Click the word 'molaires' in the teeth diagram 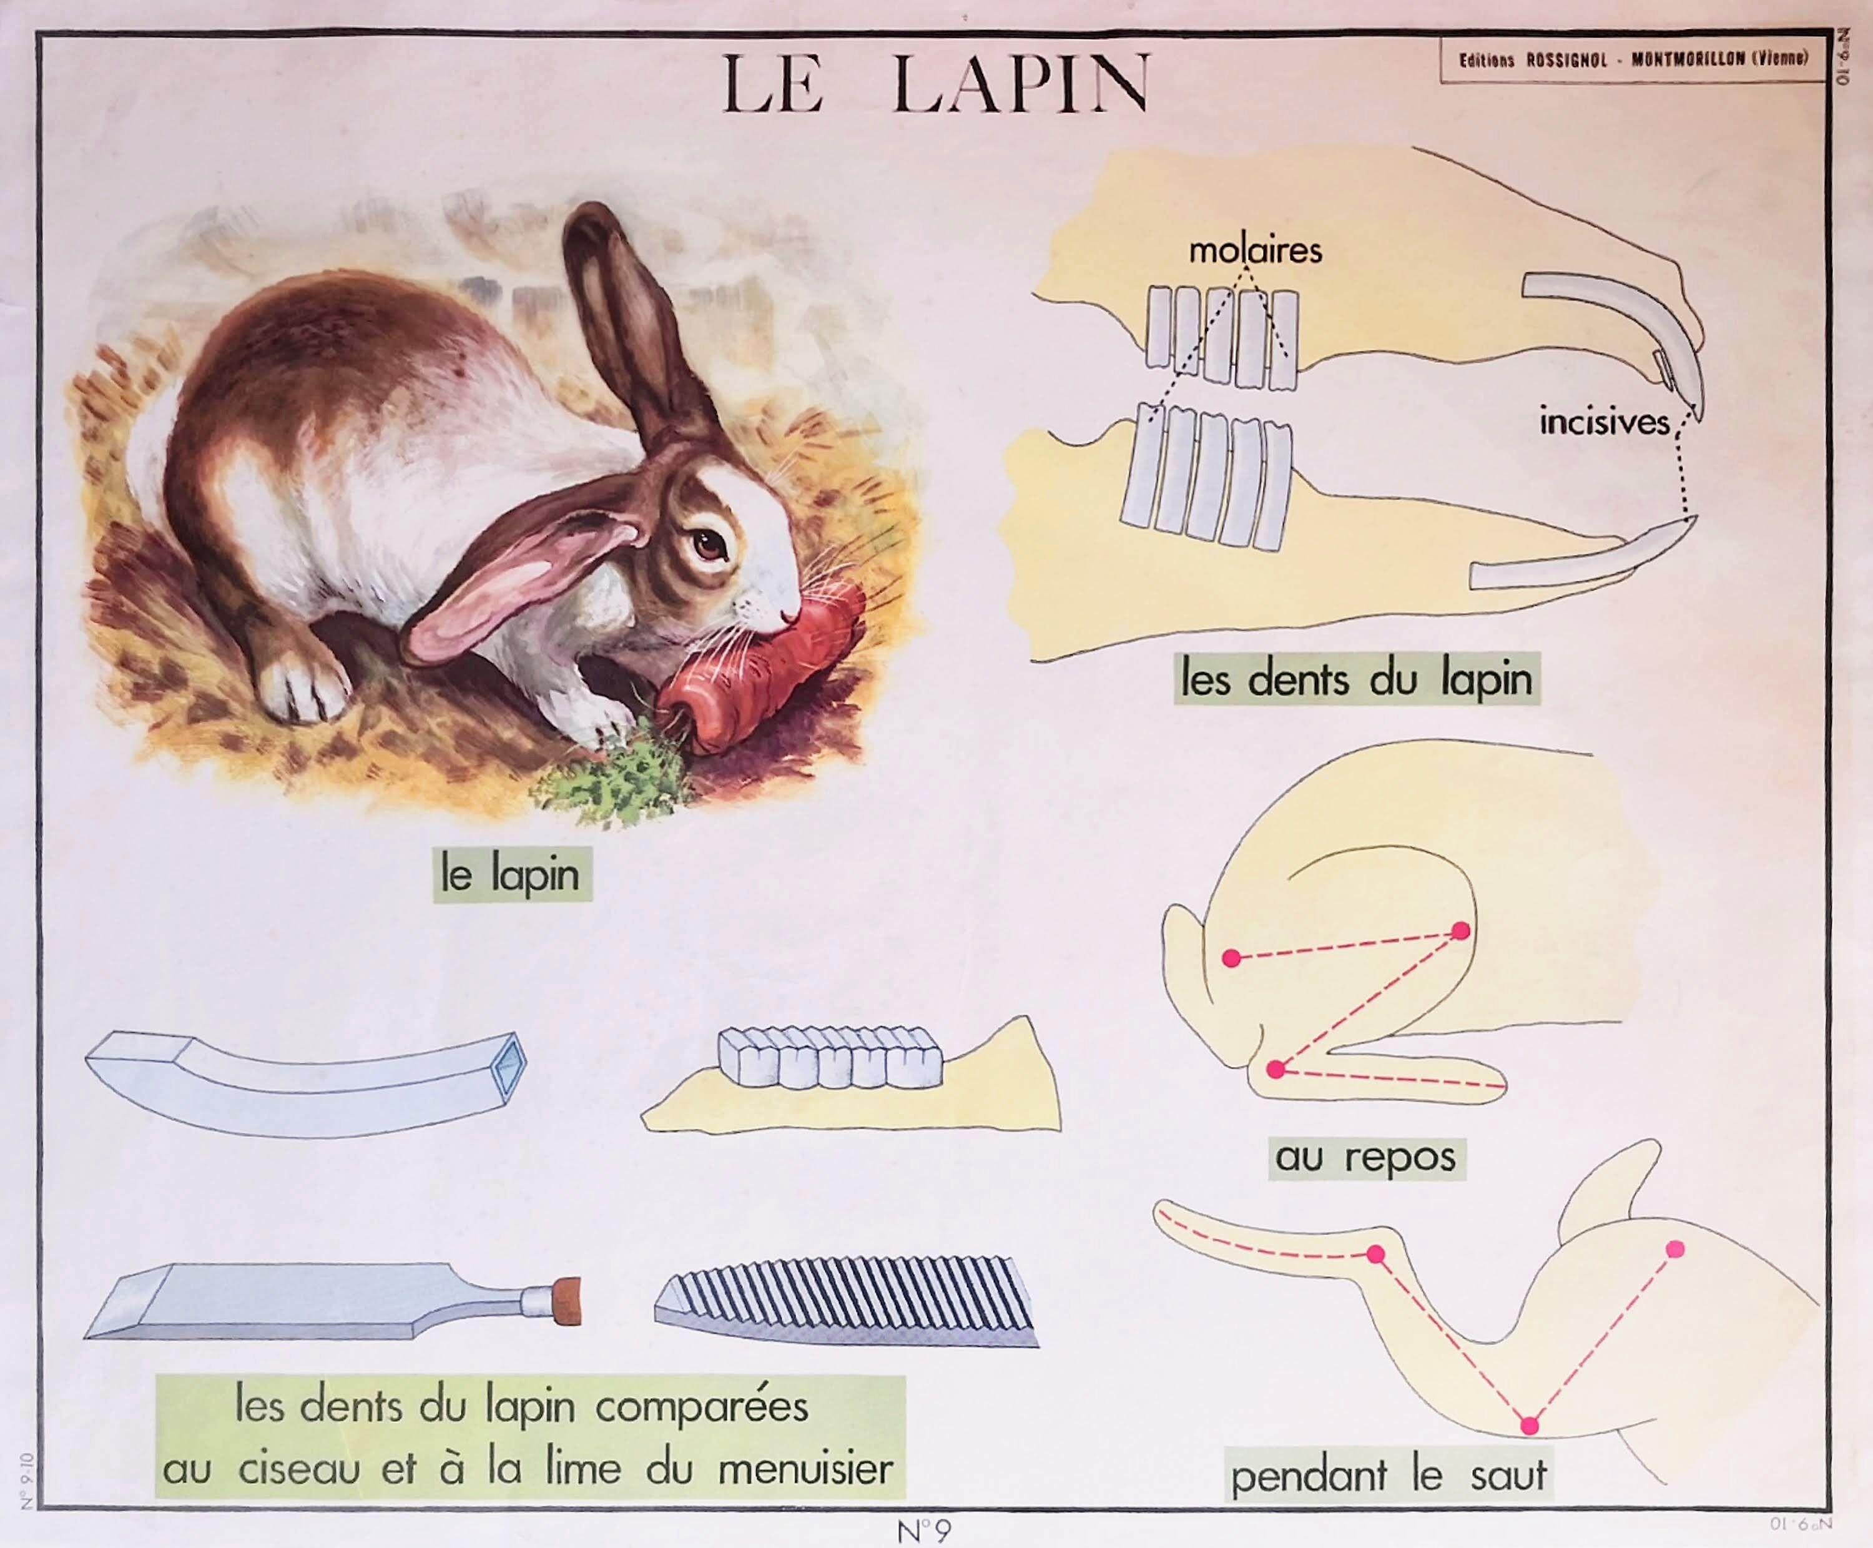point(1255,250)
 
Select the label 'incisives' point(1603,422)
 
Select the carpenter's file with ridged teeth point(847,1302)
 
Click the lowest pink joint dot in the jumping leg point(1530,1425)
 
